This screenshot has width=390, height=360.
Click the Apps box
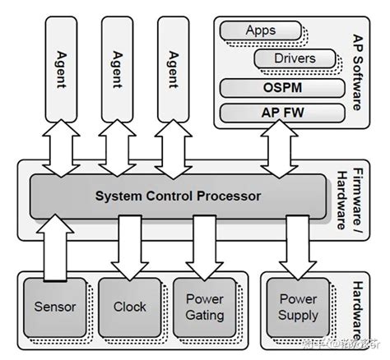(x=260, y=31)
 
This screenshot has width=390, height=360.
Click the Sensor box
(x=55, y=307)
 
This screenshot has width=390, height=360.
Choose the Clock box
(x=129, y=307)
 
